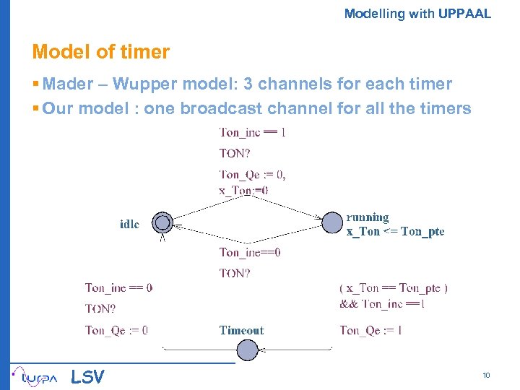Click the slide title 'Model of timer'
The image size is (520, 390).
coord(100,52)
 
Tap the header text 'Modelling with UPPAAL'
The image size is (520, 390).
coord(417,13)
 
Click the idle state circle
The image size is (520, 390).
coord(163,222)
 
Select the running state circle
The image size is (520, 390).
coord(332,222)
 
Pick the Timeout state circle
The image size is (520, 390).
coord(247,351)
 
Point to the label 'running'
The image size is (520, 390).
coord(367,217)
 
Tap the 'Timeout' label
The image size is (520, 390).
coord(241,331)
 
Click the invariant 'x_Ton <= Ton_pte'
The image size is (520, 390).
coord(395,232)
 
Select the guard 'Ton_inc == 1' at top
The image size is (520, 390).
coord(252,132)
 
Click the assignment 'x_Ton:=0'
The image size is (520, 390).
coord(243,191)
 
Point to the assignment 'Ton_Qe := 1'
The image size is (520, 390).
coord(370,331)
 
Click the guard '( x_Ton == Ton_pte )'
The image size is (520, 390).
coord(393,288)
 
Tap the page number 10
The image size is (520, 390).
coord(486,375)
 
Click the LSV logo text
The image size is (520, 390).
coord(87,376)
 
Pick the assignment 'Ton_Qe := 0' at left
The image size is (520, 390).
coord(116,331)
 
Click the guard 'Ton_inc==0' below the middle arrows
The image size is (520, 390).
coord(250,253)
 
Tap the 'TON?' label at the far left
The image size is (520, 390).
coord(100,309)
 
